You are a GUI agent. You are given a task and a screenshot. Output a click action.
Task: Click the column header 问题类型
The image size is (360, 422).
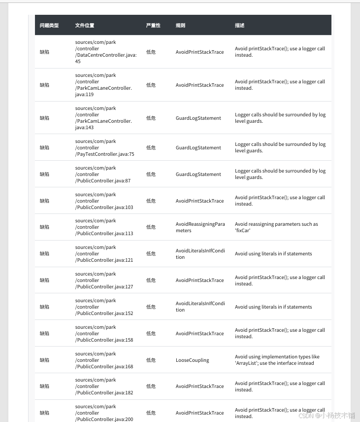pos(49,25)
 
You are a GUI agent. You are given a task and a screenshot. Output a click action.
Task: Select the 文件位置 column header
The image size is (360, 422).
pos(85,25)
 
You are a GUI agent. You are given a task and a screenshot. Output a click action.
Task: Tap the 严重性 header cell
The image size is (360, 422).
pos(153,25)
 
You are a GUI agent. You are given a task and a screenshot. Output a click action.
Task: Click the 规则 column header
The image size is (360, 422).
pos(180,25)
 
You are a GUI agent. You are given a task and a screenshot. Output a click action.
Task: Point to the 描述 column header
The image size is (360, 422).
pos(240,25)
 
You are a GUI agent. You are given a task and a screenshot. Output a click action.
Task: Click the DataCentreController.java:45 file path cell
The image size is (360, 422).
pos(106,52)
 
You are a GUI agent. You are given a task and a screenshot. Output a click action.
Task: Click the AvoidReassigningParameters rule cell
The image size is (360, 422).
pos(200,227)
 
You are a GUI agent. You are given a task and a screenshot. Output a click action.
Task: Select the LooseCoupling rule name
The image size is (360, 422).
pos(192,360)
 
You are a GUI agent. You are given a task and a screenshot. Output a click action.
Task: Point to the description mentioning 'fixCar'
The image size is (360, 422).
pos(276,227)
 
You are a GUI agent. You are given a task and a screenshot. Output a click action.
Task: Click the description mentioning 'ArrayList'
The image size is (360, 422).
pos(277,360)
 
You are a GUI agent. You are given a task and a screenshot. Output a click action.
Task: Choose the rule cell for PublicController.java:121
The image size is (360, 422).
pos(200,254)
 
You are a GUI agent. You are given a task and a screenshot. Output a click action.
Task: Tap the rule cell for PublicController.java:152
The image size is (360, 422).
pos(200,307)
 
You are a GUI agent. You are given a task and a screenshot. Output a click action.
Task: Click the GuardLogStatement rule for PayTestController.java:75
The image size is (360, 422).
pos(198,147)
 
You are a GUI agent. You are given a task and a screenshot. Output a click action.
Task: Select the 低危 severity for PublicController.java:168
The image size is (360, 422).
pos(151,360)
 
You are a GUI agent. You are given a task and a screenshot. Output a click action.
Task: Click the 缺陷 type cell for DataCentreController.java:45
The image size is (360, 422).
pos(44,52)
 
